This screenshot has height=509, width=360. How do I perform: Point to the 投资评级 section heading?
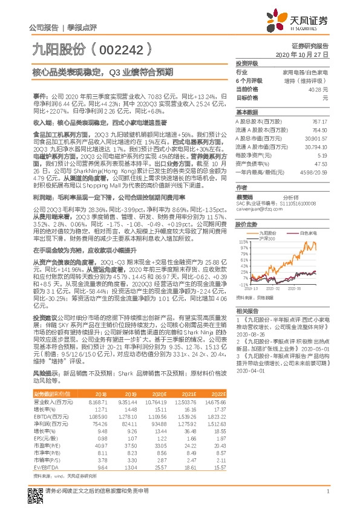(247, 63)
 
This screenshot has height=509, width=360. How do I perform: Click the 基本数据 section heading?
(247, 112)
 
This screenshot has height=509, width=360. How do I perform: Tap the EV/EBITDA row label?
(43, 451)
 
